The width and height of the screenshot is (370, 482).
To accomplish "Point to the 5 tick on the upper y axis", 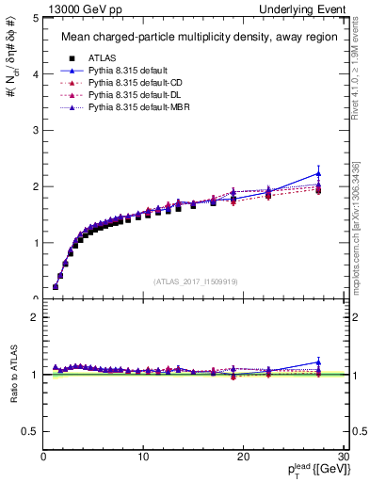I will tap(35, 18).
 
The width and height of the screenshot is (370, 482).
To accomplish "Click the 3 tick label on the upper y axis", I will tap(35, 130).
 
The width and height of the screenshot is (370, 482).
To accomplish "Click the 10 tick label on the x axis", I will tap(143, 458).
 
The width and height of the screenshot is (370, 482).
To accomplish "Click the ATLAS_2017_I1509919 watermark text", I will tap(195, 281).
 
